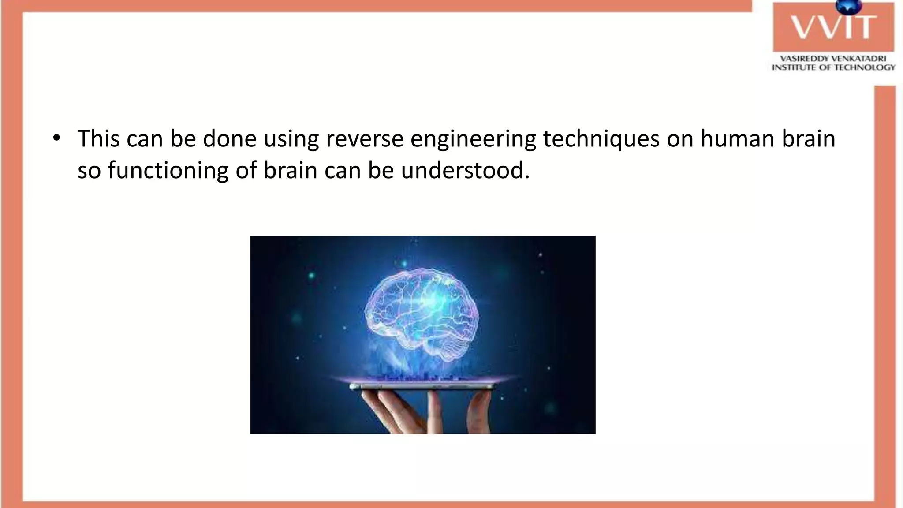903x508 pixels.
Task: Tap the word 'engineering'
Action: (473, 139)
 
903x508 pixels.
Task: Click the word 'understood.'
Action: (465, 170)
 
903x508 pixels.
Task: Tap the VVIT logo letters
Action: (833, 27)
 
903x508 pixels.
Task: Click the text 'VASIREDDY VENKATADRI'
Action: (833, 58)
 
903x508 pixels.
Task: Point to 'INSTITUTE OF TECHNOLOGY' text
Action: (833, 67)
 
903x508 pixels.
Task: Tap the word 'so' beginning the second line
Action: (89, 171)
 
